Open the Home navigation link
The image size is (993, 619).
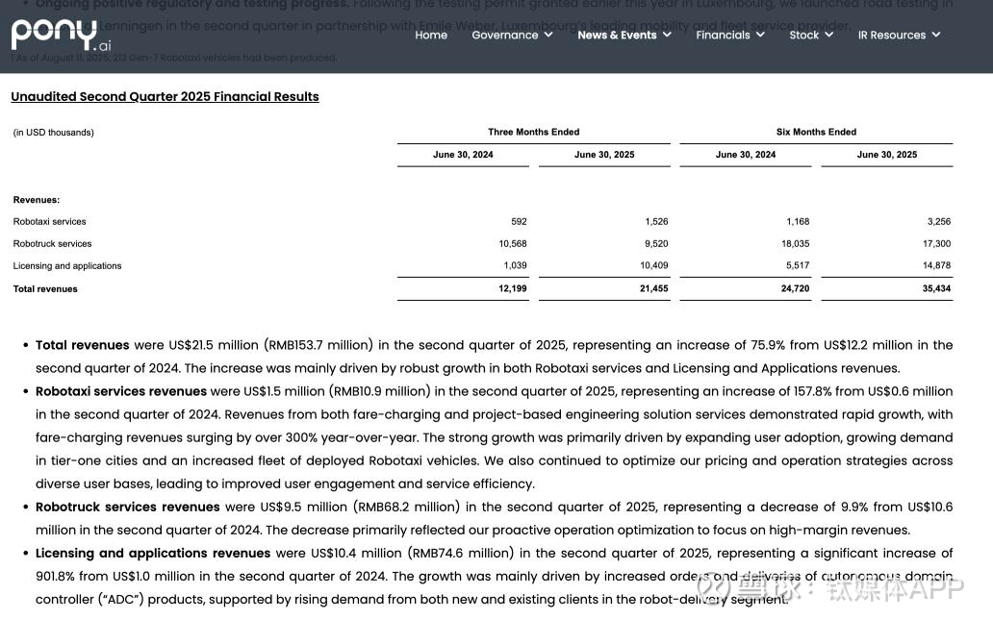[431, 36]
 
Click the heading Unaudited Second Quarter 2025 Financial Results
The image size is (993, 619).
[165, 97]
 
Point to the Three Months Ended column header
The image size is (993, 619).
[533, 133]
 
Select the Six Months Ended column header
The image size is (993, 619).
[816, 133]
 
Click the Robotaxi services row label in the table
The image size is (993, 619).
[50, 222]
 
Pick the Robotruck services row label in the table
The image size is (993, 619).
[53, 244]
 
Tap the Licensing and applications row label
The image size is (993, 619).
[67, 266]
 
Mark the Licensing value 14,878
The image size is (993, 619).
[936, 266]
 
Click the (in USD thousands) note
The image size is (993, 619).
[54, 133]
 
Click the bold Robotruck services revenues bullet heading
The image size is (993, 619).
[128, 508]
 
